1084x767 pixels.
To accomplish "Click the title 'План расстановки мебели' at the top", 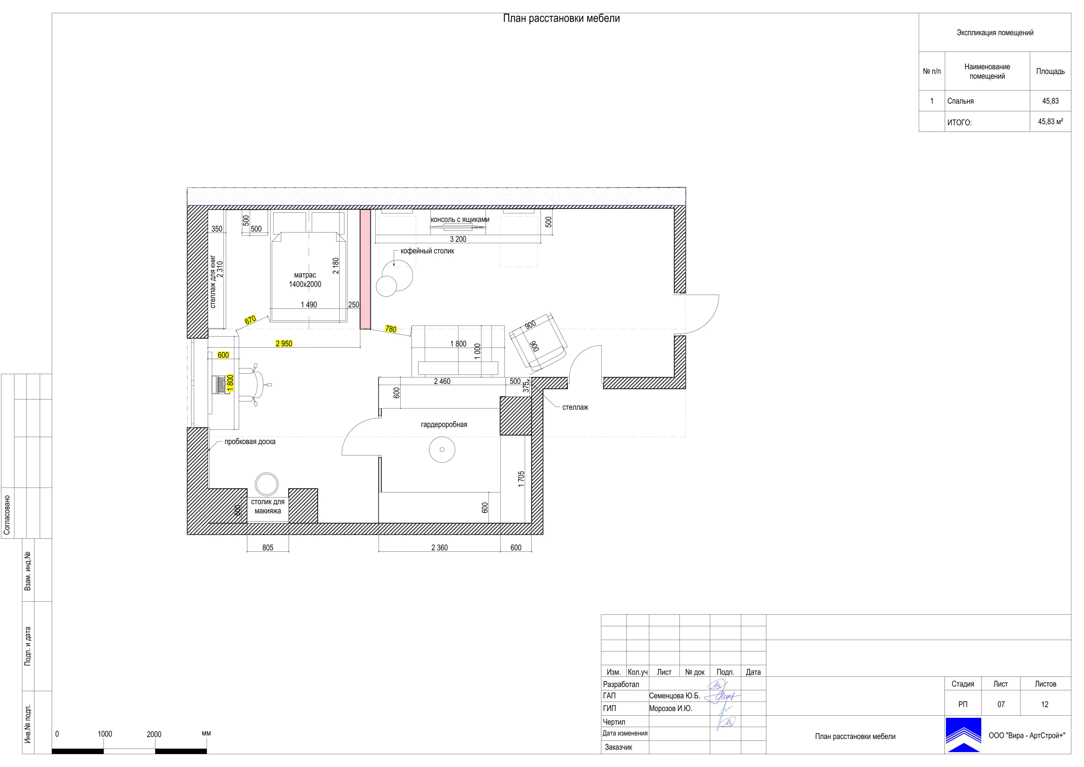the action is coord(561,18).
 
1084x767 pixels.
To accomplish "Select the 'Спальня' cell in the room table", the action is coord(960,101).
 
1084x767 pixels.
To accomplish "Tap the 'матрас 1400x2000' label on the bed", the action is coord(305,280).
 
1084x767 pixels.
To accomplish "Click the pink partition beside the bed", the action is coord(365,270).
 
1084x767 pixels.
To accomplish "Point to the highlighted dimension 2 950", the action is coord(284,344).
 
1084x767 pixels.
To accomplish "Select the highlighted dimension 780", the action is coord(391,329).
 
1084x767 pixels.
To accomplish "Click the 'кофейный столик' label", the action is coord(427,251).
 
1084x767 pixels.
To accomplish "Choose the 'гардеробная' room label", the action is coord(444,424).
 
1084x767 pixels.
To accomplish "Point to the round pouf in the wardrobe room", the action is coord(442,449).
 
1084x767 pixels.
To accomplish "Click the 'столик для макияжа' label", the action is coord(268,506).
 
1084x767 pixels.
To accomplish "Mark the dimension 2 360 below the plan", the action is coord(439,548).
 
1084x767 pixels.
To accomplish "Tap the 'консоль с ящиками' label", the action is coord(460,219).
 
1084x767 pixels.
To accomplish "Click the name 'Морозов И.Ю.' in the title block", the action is coord(670,709).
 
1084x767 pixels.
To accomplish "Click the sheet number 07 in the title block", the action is coord(1001,704).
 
